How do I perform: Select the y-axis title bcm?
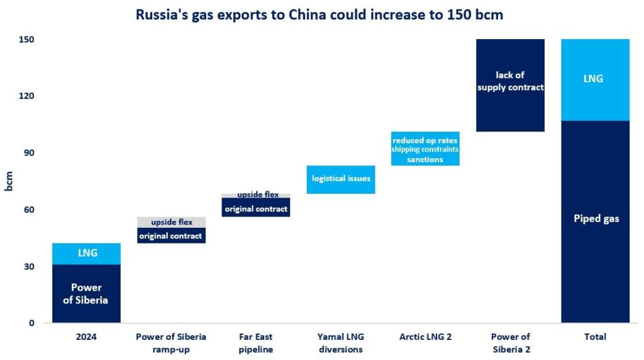(x=9, y=181)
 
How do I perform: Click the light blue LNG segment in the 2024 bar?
(x=86, y=253)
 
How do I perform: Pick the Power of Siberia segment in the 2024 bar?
(x=86, y=293)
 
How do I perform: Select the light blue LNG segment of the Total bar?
(x=595, y=79)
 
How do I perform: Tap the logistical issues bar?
(x=341, y=179)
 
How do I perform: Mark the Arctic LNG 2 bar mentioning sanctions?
(x=425, y=150)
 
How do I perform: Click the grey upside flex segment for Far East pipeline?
(x=256, y=195)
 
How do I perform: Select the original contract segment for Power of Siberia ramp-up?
(x=171, y=236)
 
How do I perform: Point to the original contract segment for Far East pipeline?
(x=256, y=208)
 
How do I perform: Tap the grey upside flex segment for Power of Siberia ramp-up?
(x=171, y=222)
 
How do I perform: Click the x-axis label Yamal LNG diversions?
(x=341, y=343)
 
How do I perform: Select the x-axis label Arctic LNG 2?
(x=425, y=337)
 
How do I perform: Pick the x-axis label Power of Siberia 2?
(x=510, y=343)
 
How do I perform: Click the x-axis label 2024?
(x=86, y=337)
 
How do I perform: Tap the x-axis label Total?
(x=595, y=337)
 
